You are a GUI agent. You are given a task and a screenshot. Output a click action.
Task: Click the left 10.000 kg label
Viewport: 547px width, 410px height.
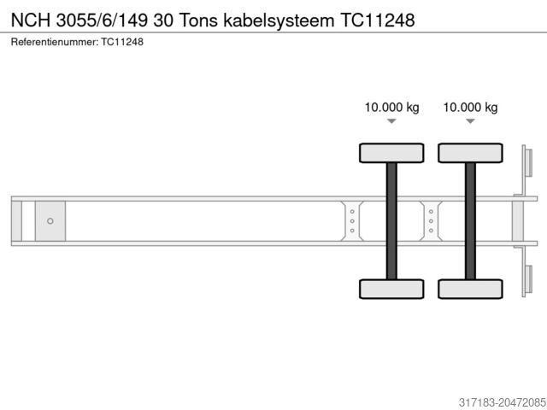point(391,108)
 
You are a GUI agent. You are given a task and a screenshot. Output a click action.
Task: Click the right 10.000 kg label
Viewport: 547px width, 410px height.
point(470,108)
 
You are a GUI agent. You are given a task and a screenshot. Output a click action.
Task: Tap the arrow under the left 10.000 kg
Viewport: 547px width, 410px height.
point(391,122)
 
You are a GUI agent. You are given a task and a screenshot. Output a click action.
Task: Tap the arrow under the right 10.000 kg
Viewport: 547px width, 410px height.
point(470,122)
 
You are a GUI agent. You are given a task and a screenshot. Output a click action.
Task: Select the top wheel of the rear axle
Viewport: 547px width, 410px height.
point(470,153)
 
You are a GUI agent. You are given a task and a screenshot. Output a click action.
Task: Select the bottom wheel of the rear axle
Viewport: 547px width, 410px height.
point(470,289)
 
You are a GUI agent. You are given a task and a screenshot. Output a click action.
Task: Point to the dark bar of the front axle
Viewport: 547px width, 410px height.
point(391,220)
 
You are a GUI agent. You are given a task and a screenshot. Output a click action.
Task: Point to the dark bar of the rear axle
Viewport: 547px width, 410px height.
point(470,220)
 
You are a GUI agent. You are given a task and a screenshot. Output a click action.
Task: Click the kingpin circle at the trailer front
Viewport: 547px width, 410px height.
point(50,221)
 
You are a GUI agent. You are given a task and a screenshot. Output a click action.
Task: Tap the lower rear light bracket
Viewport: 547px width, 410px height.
point(527,280)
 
